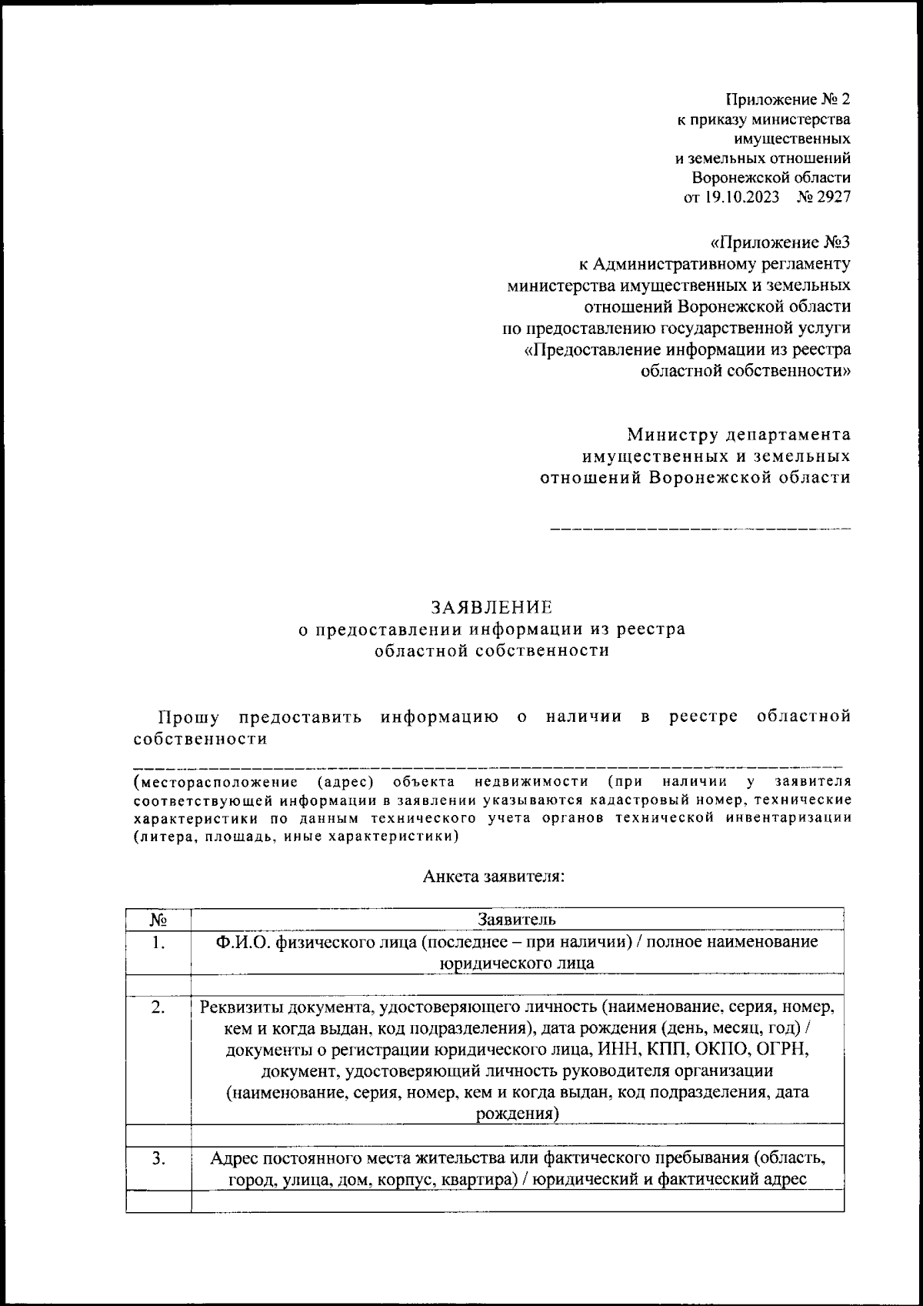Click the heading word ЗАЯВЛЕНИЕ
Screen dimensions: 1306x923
tap(491, 606)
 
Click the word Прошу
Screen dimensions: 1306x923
tap(188, 717)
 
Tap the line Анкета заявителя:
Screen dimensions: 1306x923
tap(493, 877)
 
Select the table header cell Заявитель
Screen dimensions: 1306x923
tap(517, 919)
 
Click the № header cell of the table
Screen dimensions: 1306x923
tap(158, 920)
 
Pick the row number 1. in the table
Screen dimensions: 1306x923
tap(158, 942)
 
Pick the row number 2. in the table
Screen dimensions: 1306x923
tap(158, 1007)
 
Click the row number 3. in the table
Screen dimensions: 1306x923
tap(158, 1158)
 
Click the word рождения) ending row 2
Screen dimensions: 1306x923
tap(517, 1114)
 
